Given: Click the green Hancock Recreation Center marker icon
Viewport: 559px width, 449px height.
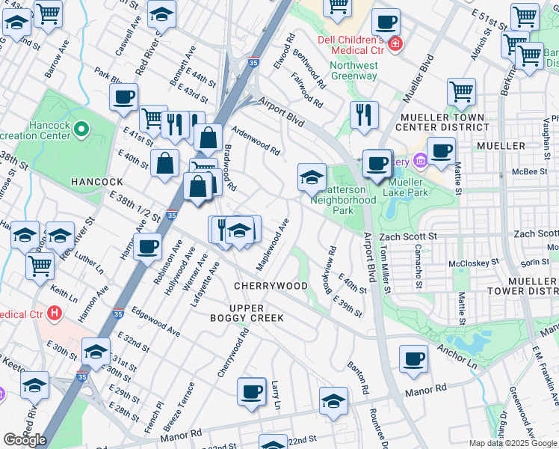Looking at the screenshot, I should pyautogui.click(x=79, y=131).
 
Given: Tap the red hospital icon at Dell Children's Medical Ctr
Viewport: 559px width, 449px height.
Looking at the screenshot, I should pyautogui.click(x=394, y=44).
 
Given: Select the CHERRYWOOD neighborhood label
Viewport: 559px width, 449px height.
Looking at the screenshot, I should pyautogui.click(x=270, y=286).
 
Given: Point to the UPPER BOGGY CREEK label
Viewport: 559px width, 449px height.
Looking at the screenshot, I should pyautogui.click(x=256, y=313).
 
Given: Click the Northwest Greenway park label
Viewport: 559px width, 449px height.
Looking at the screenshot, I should pyautogui.click(x=353, y=70).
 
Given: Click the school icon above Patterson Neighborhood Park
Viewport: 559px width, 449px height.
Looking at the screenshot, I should pyautogui.click(x=312, y=178).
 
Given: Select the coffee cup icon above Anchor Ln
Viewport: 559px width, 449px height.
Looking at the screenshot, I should pyautogui.click(x=413, y=360).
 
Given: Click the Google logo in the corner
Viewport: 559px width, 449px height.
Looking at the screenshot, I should pyautogui.click(x=25, y=440).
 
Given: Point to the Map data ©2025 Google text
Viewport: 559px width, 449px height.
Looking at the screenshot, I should pyautogui.click(x=513, y=443).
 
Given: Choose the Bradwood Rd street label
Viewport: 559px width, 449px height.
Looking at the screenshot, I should pyautogui.click(x=229, y=168).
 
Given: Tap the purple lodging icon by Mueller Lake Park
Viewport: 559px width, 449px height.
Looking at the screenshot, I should pyautogui.click(x=419, y=160).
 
